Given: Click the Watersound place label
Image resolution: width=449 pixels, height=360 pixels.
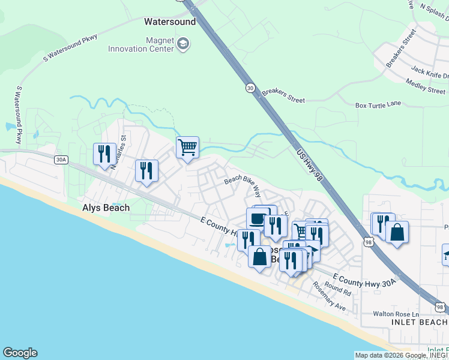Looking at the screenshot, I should click(x=170, y=22).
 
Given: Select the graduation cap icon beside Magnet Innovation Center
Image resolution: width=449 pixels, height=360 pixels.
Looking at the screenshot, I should click(x=183, y=43).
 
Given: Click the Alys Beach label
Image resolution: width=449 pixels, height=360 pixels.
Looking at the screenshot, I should click(x=106, y=208).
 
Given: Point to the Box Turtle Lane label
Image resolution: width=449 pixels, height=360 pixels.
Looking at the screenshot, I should click(x=378, y=104).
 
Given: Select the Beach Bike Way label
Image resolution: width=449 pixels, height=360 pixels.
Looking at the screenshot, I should click(x=243, y=186).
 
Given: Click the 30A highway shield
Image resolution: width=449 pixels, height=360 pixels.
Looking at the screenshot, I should click(x=61, y=160).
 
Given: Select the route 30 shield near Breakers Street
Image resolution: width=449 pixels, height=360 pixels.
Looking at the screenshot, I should click(x=250, y=88).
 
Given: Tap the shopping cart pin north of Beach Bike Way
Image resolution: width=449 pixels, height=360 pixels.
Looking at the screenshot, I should click(x=188, y=146).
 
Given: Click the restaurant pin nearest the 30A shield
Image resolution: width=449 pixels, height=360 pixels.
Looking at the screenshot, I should click(x=104, y=154).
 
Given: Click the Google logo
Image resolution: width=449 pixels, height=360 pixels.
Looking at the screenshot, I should click(x=20, y=353).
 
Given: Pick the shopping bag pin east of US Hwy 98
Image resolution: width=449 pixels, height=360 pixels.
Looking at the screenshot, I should click(x=397, y=232).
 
